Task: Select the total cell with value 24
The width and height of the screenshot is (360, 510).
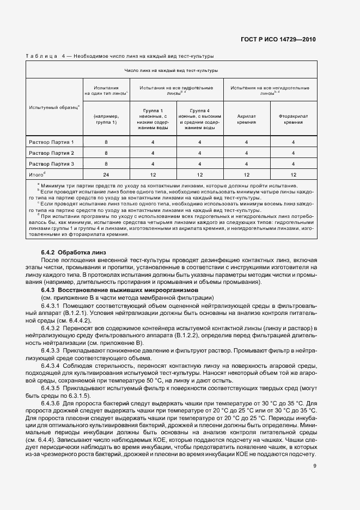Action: pyautogui.click(x=106, y=174)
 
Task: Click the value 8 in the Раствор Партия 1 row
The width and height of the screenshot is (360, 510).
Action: pyautogui.click(x=106, y=142)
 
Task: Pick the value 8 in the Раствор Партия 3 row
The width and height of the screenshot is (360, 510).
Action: pyautogui.click(x=106, y=163)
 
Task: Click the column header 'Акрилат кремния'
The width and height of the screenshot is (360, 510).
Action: pyautogui.click(x=247, y=119)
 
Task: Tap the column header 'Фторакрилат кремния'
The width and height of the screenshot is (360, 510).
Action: pyautogui.click(x=293, y=119)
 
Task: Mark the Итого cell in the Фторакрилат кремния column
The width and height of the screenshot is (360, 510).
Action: pyautogui.click(x=293, y=174)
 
